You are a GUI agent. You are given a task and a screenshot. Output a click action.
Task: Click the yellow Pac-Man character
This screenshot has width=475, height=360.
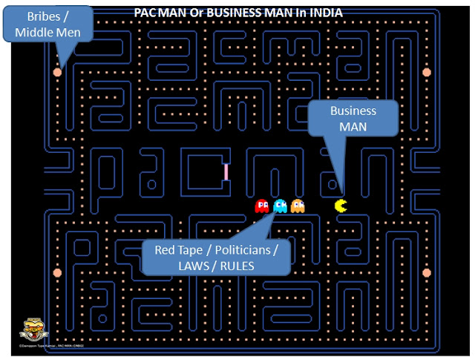click(341, 205)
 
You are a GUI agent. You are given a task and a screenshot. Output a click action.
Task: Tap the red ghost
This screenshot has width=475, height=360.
click(261, 206)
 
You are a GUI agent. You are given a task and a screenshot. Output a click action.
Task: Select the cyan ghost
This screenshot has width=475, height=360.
click(280, 206)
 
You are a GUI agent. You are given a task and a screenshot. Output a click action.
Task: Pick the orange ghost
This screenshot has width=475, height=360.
click(298, 206)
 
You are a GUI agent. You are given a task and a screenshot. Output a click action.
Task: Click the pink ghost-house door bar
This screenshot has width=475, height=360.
click(226, 171)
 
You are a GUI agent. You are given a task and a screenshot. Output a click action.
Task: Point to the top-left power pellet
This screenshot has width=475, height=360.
click(57, 72)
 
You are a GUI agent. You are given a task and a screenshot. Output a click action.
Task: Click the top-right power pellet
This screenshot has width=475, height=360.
click(427, 72)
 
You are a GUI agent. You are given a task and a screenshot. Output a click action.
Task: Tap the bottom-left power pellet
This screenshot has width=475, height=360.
click(57, 272)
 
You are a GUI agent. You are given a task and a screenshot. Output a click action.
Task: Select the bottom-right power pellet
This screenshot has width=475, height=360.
click(427, 272)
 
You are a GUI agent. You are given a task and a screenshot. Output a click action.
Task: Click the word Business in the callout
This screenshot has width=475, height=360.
click(353, 111)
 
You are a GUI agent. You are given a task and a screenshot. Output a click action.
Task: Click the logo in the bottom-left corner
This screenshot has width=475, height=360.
click(30, 330)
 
